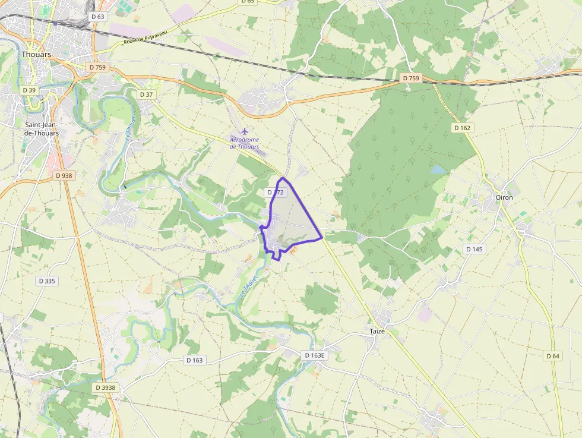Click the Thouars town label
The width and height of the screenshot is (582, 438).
click(36, 54)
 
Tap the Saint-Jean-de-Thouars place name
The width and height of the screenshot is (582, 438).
click(42, 129)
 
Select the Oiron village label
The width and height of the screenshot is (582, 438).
click(504, 197)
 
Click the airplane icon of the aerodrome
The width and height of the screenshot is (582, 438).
click(243, 131)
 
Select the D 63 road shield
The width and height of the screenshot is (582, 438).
click(98, 17)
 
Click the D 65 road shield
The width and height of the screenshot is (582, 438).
click(248, 2)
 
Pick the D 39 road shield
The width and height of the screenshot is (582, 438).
click(29, 90)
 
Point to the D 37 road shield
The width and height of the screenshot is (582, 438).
click(146, 94)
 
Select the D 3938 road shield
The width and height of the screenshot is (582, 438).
click(106, 387)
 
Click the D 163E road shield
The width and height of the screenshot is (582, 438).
click(315, 355)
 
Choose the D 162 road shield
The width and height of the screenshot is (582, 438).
click(461, 128)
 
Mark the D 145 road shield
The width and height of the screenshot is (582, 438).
click(474, 249)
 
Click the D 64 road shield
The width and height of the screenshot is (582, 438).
click(552, 355)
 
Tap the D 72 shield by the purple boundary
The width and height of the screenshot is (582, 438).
click(276, 193)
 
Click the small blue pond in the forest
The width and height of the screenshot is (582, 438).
click(438, 169)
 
